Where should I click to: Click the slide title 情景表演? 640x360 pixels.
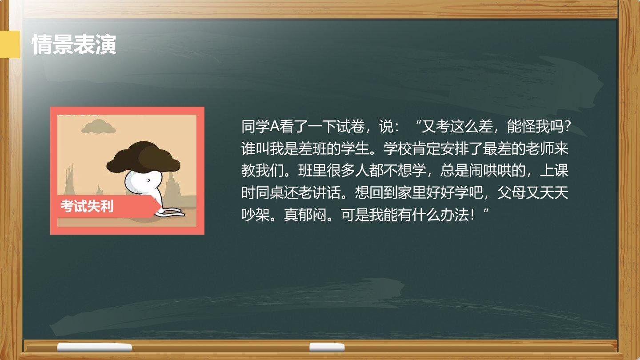click(74, 44)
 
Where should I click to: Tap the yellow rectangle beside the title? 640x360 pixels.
click(10, 44)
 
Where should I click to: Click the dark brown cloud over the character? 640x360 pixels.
click(144, 157)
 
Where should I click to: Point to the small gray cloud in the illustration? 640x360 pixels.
click(98, 126)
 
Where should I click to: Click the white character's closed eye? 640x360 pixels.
click(148, 180)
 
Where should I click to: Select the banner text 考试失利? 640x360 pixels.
click(87, 206)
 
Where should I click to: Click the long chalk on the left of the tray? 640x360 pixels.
click(95, 348)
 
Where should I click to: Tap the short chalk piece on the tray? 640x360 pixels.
click(327, 347)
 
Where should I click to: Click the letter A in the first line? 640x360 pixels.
click(274, 126)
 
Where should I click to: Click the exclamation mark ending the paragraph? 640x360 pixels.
click(473, 215)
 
